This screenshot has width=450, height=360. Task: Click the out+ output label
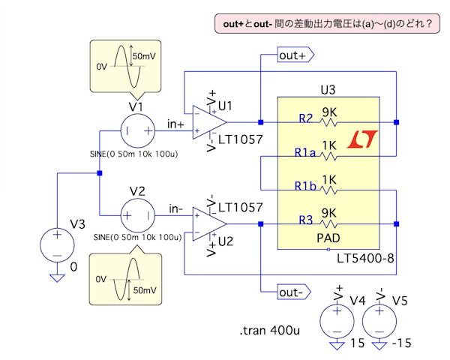pyautogui.click(x=292, y=55)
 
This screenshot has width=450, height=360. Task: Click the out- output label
pyautogui.click(x=292, y=291)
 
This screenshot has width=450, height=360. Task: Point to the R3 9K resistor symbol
pyautogui.click(x=329, y=223)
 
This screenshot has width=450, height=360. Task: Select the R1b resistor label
pyautogui.click(x=305, y=186)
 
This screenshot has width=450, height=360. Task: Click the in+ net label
pyautogui.click(x=175, y=124)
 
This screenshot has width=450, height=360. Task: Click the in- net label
pyautogui.click(x=175, y=208)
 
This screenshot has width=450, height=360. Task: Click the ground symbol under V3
pyautogui.click(x=57, y=277)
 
